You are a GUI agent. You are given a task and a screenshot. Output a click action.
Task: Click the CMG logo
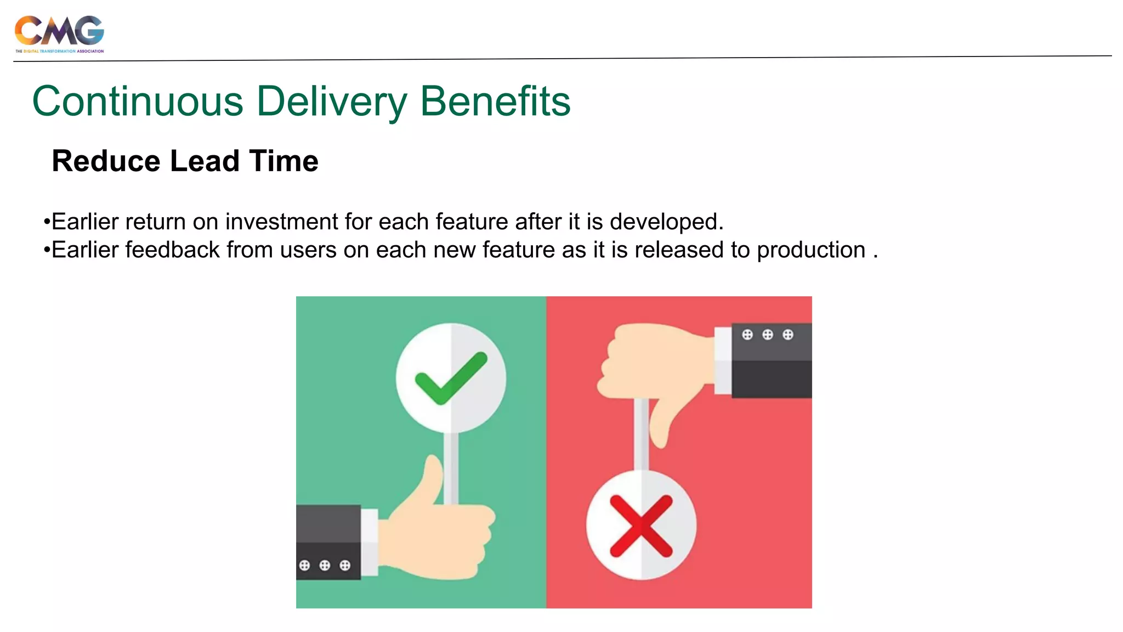click(59, 33)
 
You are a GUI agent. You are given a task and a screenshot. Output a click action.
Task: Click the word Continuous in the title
click(138, 101)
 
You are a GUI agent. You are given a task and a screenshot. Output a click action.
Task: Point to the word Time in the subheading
click(283, 161)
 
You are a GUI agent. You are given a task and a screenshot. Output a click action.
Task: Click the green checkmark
click(451, 378)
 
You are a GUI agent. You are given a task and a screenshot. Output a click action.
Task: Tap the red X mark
click(641, 526)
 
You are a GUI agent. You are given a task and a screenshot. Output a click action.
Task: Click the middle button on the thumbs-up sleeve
click(325, 565)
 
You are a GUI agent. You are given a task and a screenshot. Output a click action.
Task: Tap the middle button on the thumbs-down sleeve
click(767, 335)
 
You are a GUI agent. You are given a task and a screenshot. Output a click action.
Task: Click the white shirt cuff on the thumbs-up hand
click(370, 542)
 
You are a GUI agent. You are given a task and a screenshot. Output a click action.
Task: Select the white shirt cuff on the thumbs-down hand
click(723, 360)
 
